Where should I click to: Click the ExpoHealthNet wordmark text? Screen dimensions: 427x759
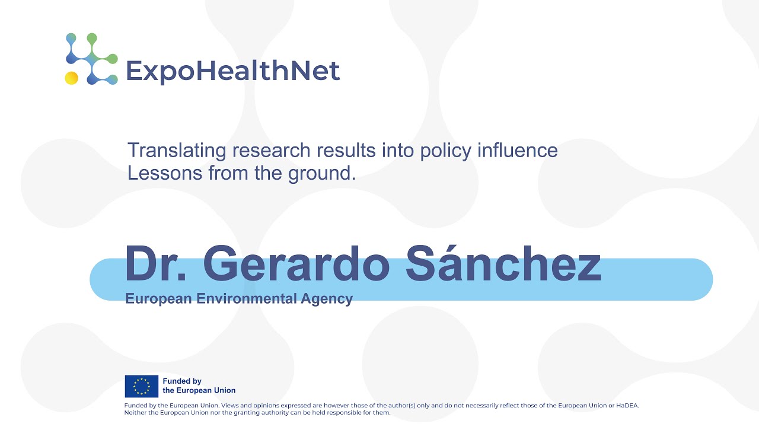(232, 71)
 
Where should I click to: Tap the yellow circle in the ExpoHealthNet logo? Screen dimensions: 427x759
(71, 78)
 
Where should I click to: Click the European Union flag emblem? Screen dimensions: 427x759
(141, 386)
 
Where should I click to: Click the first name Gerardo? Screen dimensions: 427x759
(299, 264)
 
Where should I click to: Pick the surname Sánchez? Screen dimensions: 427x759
(503, 264)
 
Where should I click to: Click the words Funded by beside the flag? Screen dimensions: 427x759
(182, 381)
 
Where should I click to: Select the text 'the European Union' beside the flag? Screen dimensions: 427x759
(199, 390)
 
